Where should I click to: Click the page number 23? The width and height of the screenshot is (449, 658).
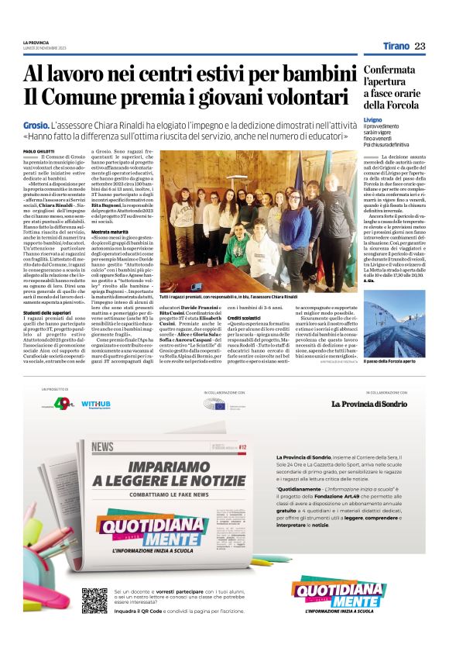click(420, 47)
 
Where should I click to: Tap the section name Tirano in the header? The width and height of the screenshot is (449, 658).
click(396, 47)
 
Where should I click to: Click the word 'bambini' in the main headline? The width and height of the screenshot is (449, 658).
click(317, 74)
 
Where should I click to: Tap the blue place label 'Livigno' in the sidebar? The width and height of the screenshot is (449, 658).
click(373, 120)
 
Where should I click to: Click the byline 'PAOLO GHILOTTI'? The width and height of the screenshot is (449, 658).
click(39, 151)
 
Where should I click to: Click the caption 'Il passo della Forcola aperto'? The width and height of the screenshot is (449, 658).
click(395, 362)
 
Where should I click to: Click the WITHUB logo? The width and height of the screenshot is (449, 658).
click(95, 405)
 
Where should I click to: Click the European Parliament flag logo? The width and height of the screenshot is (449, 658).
click(220, 405)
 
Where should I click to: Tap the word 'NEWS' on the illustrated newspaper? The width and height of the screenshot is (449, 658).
click(102, 447)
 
